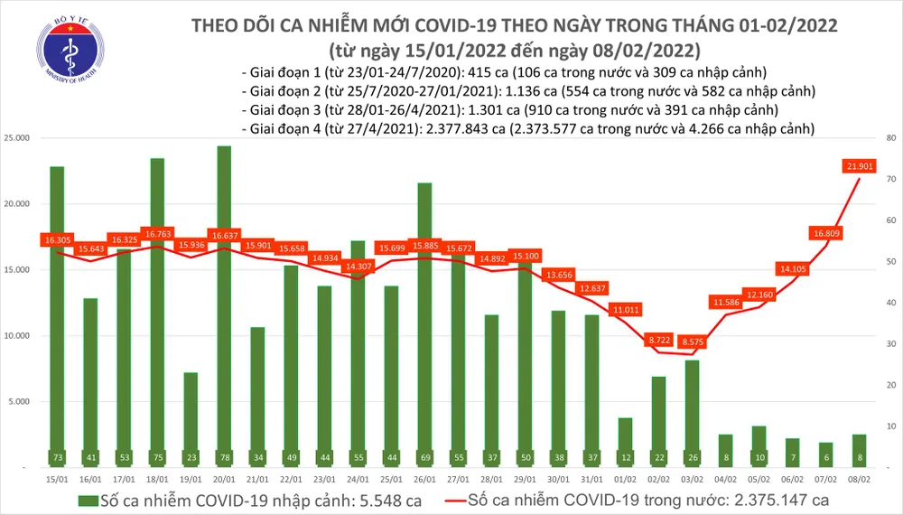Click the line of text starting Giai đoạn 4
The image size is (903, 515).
tap(528, 129)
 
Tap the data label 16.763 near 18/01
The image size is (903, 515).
tap(157, 232)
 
